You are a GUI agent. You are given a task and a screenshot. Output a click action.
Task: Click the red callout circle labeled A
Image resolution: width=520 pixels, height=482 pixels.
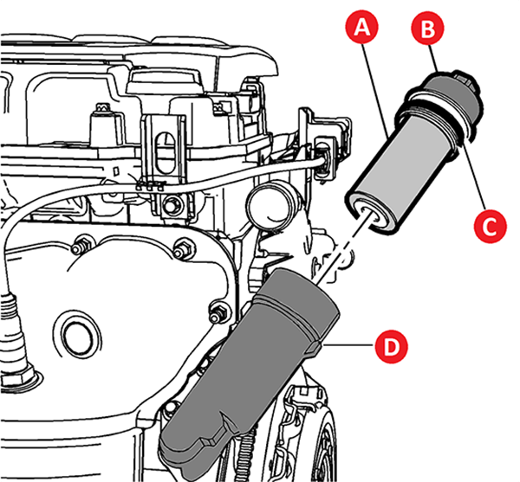pyautogui.click(x=364, y=29)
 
